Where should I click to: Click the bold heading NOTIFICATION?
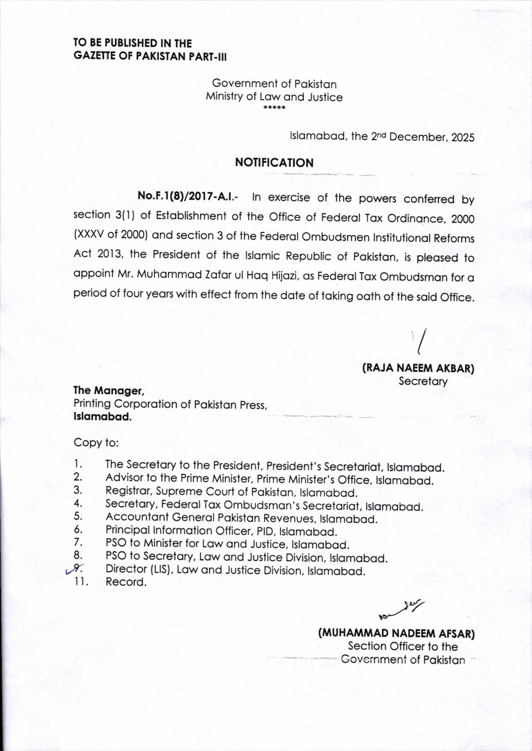[274, 163]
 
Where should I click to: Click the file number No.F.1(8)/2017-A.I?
[187, 197]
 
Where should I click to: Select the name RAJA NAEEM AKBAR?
[418, 368]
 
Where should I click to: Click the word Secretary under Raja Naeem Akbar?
[423, 381]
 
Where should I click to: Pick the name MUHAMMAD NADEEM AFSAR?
[397, 634]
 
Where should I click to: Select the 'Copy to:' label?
[96, 443]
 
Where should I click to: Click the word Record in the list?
[126, 582]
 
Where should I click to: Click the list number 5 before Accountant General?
[78, 517]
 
